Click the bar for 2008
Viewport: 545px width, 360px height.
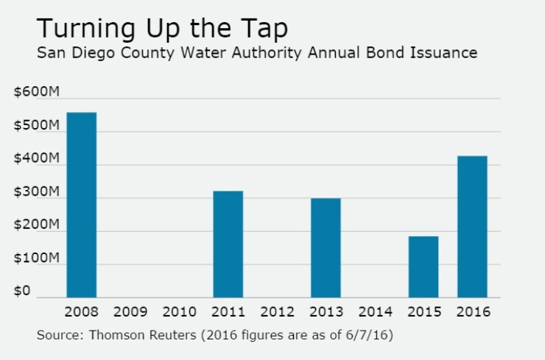pos(81,205)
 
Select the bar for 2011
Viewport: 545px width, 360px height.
pos(228,244)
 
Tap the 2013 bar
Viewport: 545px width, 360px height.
pos(326,247)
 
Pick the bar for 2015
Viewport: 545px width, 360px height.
pos(423,267)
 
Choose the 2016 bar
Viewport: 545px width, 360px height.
pos(472,226)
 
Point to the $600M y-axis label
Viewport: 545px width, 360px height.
pos(36,93)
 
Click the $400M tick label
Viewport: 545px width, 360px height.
pos(36,159)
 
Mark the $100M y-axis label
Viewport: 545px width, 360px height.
pos(36,258)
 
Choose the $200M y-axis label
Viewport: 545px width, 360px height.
pos(36,225)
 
